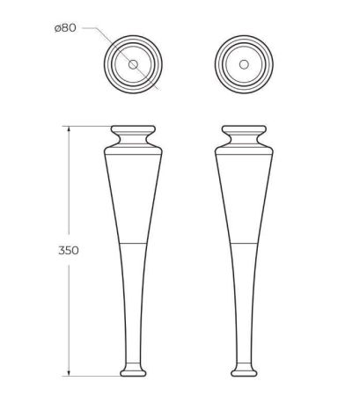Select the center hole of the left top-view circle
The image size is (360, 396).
pyautogui.click(x=132, y=66)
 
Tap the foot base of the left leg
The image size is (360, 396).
pyautogui.click(x=132, y=367)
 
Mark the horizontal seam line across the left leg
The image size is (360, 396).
pyautogui.click(x=132, y=239)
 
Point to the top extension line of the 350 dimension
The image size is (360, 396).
pyautogui.click(x=88, y=125)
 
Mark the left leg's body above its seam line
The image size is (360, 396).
pyautogui.click(x=132, y=194)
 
